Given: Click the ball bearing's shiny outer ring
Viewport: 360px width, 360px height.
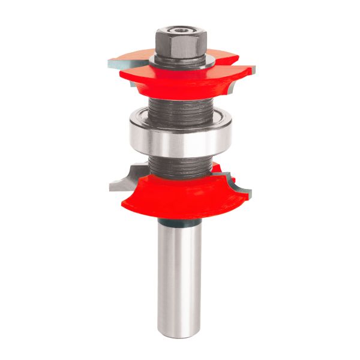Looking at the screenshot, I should point(180,140).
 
